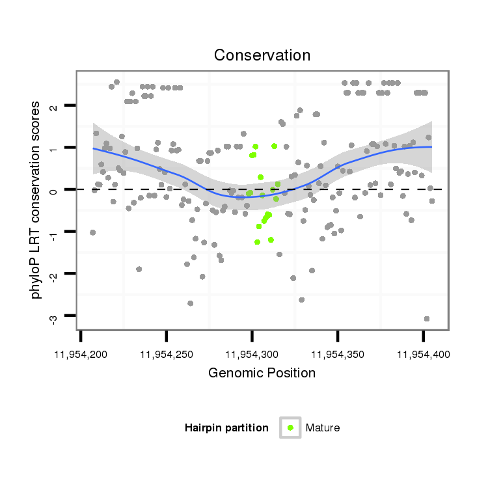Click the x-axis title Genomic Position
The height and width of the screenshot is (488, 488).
point(262,373)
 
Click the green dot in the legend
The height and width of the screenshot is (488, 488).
point(290,427)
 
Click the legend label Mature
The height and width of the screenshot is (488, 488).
point(323,427)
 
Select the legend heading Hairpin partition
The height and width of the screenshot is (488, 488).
point(226,427)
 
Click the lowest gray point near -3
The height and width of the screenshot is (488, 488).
point(427,319)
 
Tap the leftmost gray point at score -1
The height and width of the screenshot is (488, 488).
point(92,232)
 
